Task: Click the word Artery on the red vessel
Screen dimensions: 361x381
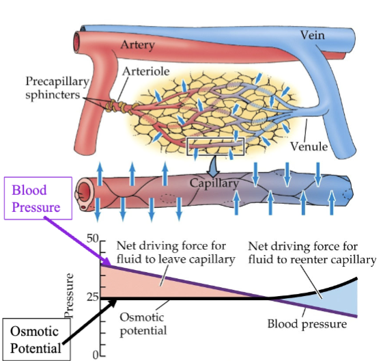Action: pyautogui.click(x=139, y=45)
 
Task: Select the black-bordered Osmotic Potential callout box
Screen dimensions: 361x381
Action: pyautogui.click(x=34, y=338)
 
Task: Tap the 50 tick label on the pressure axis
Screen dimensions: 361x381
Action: pyautogui.click(x=94, y=239)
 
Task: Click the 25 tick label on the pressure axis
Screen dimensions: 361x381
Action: pyautogui.click(x=93, y=298)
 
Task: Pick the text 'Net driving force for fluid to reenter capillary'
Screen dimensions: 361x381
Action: pyautogui.click(x=311, y=254)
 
